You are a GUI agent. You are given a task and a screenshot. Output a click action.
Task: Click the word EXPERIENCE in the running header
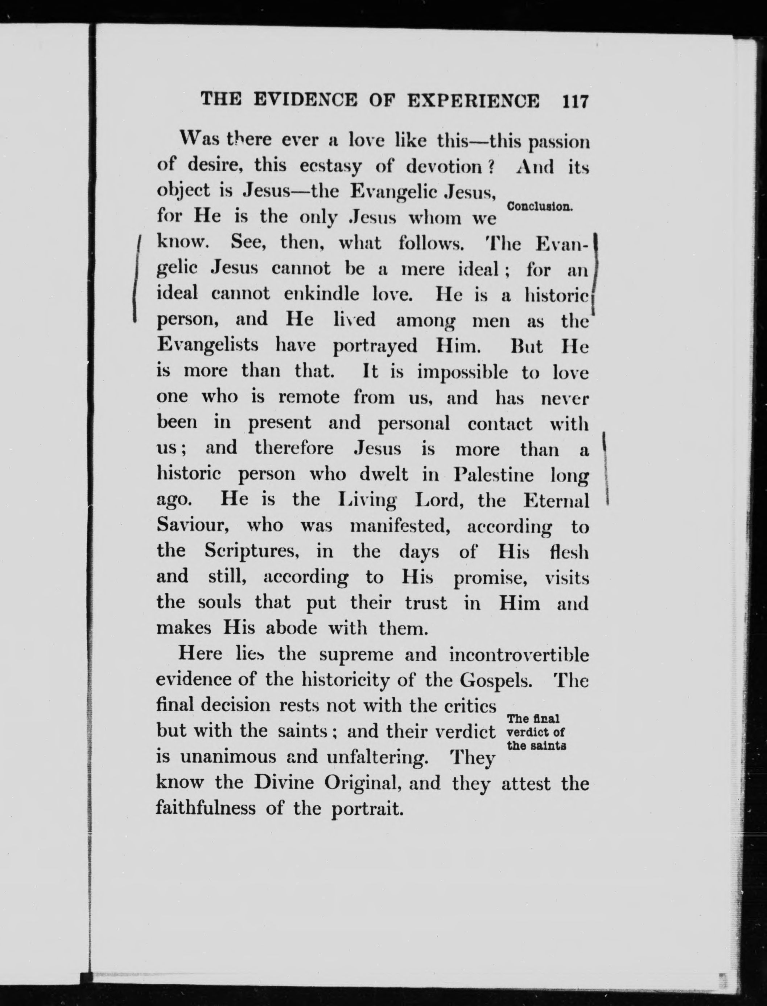(x=473, y=100)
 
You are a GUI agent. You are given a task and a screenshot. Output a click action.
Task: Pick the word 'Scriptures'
(x=251, y=552)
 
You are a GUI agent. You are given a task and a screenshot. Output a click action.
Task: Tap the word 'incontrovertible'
(x=519, y=655)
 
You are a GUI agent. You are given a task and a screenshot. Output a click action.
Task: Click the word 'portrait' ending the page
(x=367, y=809)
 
